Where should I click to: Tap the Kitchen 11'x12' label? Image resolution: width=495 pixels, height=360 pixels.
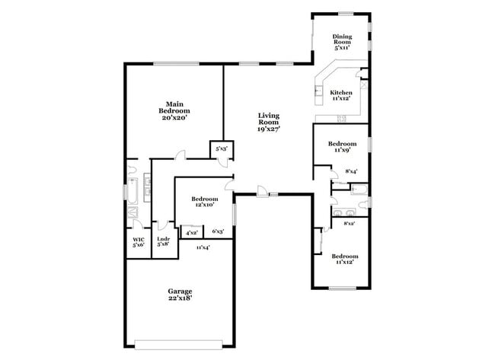point(340,95)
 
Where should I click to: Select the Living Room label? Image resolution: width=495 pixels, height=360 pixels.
point(268,123)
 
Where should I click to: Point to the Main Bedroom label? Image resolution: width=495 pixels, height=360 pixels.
point(174,110)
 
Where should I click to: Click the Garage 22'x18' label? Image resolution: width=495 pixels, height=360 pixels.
point(180,295)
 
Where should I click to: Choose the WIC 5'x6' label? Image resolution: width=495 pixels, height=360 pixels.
point(138,242)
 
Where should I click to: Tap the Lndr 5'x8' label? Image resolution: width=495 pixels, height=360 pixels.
point(163,242)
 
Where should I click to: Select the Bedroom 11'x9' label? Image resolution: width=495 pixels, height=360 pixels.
point(342,148)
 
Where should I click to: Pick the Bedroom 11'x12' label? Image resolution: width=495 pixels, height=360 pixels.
point(344,260)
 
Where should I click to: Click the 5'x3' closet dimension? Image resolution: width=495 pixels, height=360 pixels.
point(221,149)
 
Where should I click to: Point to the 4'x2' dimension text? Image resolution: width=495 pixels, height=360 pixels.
point(191,232)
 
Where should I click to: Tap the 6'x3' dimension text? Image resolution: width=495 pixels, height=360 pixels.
point(218,232)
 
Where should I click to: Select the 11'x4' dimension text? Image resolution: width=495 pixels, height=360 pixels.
point(203,247)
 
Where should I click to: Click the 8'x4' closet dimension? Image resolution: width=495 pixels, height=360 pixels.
point(351,172)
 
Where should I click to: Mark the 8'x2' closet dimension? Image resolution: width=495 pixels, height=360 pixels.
point(349,223)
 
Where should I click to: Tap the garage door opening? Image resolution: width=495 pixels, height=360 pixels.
point(180,341)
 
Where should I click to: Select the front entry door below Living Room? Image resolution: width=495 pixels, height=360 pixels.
point(262,191)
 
